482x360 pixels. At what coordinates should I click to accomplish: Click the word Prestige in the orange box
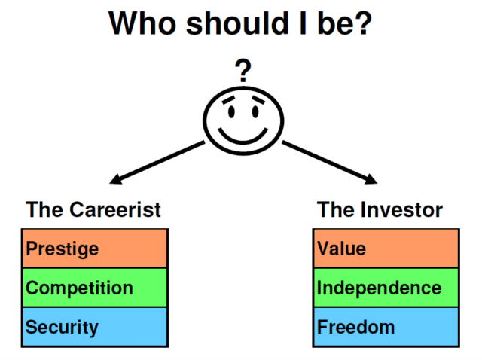point(62,249)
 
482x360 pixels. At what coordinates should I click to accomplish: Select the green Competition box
point(95,288)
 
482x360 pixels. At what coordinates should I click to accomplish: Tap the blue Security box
point(95,327)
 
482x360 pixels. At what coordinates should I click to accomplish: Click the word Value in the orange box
point(341,249)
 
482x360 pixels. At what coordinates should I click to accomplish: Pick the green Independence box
point(386,288)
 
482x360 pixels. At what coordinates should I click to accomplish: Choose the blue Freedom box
point(386,327)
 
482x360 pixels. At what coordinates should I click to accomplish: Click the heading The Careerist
point(93,209)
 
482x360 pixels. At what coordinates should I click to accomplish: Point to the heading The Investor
point(380,209)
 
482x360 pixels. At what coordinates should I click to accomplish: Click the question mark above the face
point(243,71)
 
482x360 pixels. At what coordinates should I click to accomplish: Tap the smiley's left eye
point(231,112)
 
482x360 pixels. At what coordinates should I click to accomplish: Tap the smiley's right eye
point(255,112)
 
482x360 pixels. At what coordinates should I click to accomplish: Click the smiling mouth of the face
point(243,136)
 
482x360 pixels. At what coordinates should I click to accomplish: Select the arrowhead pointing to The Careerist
point(116,179)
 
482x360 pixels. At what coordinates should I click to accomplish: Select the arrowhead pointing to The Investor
point(371,179)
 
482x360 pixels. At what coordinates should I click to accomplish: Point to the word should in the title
point(238,23)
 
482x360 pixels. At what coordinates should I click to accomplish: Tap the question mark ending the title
point(362,23)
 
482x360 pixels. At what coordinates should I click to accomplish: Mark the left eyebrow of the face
point(228,99)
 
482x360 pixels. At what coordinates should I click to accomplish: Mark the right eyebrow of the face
point(258,99)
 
